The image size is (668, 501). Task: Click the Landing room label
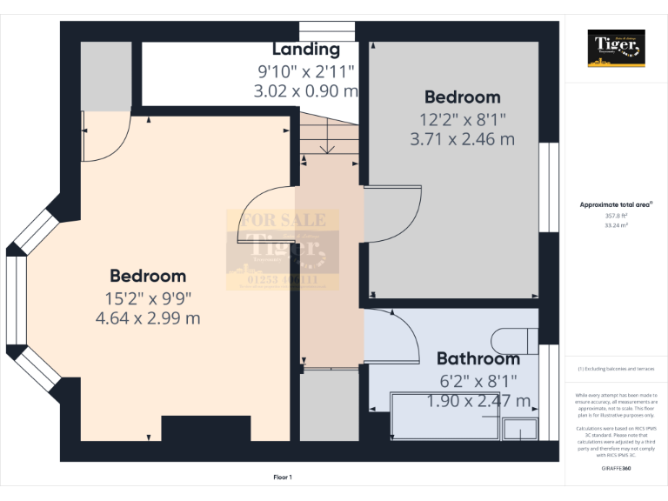306,50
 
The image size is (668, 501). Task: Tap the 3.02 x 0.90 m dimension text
306,90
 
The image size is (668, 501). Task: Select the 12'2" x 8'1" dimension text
462,119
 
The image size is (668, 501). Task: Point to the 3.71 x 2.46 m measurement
462,138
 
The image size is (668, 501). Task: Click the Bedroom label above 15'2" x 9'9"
148,276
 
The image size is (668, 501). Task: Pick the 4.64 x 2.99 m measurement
148,318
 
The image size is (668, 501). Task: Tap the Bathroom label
478,358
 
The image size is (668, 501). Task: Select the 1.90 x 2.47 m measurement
478,401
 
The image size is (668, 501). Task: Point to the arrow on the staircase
328,148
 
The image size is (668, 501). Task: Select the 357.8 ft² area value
617,216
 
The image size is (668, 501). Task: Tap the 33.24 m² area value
617,224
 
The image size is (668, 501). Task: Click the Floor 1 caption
283,477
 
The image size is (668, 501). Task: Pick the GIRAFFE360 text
617,469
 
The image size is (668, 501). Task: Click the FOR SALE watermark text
277,220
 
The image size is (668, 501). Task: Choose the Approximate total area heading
616,205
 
